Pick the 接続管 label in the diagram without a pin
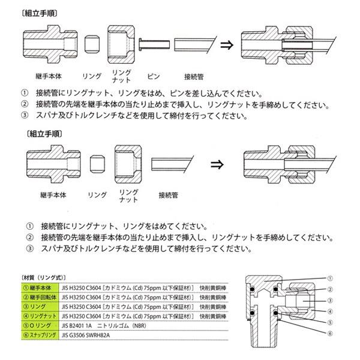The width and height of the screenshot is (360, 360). tap(169, 196)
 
